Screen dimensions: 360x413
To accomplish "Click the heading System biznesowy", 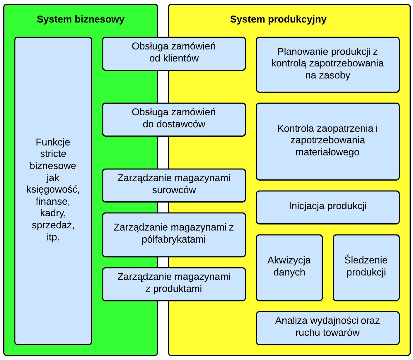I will point(81,19).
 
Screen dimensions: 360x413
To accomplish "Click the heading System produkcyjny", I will point(278,19).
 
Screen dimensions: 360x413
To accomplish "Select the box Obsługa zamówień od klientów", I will point(174,54).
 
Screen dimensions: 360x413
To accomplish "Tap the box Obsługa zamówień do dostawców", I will point(174,119).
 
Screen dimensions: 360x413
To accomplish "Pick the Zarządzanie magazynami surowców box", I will point(174,185).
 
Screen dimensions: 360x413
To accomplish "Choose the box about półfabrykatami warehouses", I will point(174,235).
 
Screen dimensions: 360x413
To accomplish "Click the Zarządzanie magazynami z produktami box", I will point(174,284).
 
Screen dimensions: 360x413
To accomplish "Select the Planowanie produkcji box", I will point(327,64).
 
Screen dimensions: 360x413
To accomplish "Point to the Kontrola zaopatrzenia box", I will point(327,141).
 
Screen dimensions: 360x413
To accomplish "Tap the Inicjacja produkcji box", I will point(327,207).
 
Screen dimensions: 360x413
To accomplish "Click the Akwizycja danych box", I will point(289,268).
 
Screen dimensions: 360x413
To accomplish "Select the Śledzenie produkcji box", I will point(366,268).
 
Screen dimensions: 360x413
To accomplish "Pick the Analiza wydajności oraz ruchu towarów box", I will point(327,328).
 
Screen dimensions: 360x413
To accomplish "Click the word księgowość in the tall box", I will point(53,189).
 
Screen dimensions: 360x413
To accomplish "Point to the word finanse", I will point(53,201).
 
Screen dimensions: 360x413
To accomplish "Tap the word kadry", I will point(53,213).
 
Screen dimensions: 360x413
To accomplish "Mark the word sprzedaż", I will point(53,225).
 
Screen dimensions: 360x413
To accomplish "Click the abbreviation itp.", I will point(53,237).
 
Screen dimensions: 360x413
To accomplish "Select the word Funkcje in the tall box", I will point(53,142).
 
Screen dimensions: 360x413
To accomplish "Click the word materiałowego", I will point(327,152).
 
